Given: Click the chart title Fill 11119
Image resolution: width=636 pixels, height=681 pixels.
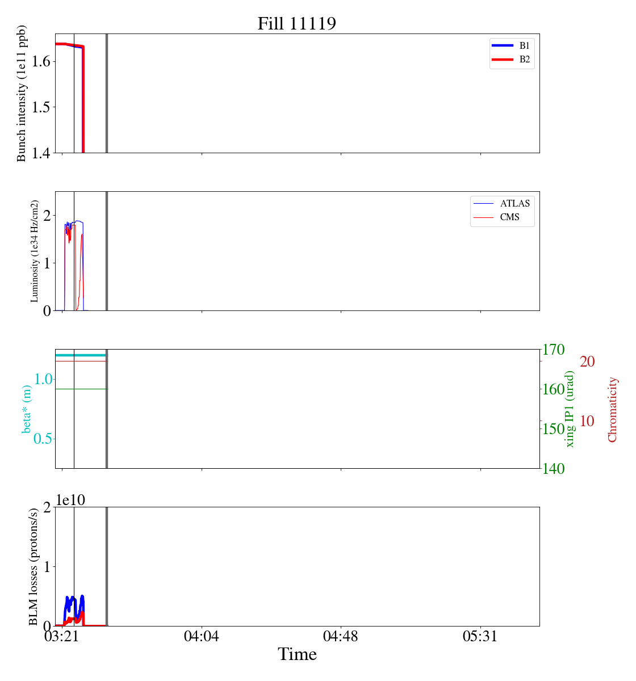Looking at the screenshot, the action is pyautogui.click(x=296, y=23).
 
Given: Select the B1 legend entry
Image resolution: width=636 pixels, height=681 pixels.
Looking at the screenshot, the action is pyautogui.click(x=511, y=45).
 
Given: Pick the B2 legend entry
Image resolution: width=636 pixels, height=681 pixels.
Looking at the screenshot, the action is pyautogui.click(x=511, y=60).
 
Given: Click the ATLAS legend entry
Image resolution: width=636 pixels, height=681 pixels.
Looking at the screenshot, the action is pyautogui.click(x=501, y=203).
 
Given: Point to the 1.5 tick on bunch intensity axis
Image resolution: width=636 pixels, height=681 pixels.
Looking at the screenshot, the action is pyautogui.click(x=41, y=107).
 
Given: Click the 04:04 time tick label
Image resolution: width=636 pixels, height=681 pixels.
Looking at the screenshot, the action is pyautogui.click(x=201, y=636).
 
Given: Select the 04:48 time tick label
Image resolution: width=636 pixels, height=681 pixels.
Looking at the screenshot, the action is pyautogui.click(x=341, y=636).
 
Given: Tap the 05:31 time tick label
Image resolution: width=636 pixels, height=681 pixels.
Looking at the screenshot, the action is pyautogui.click(x=480, y=636).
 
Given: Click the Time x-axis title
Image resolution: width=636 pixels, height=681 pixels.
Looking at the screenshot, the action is pyautogui.click(x=297, y=654).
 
